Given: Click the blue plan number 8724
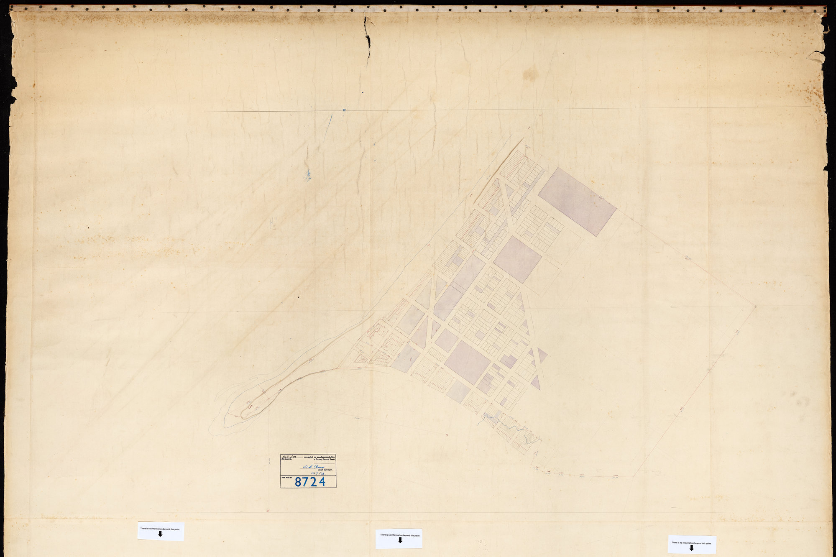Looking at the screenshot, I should click(310, 482).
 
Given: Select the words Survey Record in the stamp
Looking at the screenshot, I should click(325, 460).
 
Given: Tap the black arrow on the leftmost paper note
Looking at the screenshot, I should click(160, 534).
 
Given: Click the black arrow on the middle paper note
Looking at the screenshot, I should click(400, 540).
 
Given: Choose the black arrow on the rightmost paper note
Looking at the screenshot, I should click(691, 547).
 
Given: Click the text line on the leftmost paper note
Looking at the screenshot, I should click(160, 529).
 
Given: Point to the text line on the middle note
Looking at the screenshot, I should click(400, 535).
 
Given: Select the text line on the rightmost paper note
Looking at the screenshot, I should click(691, 542).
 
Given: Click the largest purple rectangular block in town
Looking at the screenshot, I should click(577, 202).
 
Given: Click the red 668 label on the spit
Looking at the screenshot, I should click(251, 406).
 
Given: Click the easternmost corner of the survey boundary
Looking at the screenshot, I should click(756, 306).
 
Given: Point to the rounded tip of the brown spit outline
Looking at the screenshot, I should click(243, 415).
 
